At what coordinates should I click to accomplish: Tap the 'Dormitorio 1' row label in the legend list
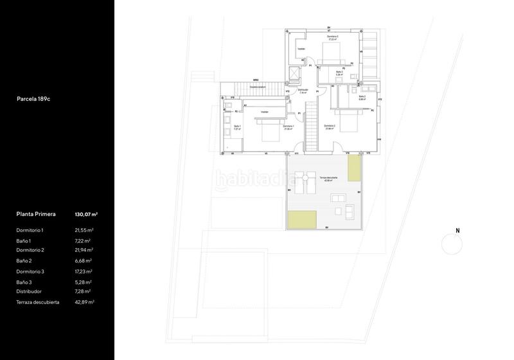coord(30,230)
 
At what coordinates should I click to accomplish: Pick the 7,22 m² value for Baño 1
coord(84,240)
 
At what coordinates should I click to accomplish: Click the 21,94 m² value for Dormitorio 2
coord(84,250)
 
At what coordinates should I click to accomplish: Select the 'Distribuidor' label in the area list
coord(30,291)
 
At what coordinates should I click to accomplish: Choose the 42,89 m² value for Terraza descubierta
coord(84,301)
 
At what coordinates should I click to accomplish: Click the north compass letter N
coord(457,230)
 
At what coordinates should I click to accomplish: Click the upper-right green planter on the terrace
coord(355,170)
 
